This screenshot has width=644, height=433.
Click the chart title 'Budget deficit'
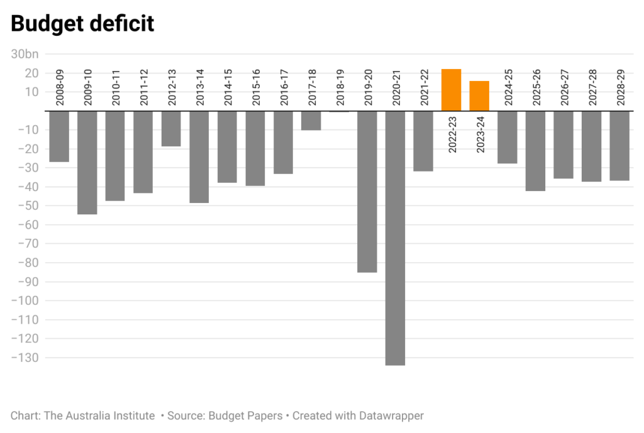pos(82,24)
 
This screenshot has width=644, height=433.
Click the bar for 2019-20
pos(367,191)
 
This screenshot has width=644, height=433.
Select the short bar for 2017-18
pos(311,121)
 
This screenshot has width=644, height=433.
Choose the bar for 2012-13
pos(171,129)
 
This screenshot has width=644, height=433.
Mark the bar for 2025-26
pos(535,151)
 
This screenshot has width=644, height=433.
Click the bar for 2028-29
pos(619,146)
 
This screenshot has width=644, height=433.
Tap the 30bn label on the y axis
pos(25,55)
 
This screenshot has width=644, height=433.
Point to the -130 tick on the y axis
pos(24,358)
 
